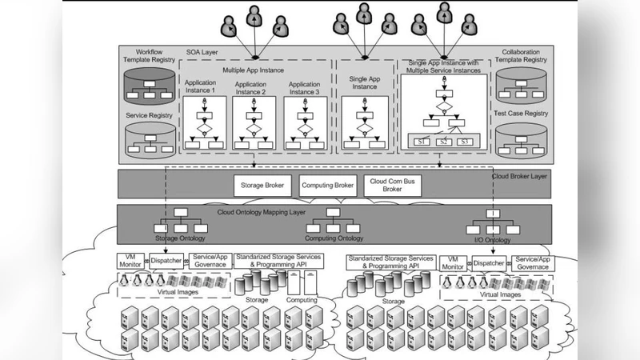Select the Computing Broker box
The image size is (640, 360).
328,186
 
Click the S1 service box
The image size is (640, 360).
422,142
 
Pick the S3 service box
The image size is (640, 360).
466,142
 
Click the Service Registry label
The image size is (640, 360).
150,115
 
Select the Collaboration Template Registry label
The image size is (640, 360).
524,56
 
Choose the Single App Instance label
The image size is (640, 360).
363,82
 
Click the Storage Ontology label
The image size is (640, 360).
180,238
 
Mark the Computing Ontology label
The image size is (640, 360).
335,238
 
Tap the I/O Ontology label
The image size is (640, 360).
494,238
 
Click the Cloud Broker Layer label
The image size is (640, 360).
519,175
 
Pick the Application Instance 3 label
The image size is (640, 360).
304,87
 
